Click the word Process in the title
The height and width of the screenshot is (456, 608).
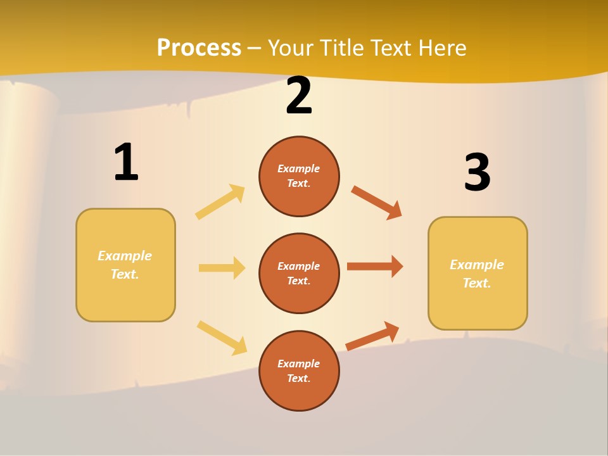[199, 48]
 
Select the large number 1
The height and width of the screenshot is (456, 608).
[126, 162]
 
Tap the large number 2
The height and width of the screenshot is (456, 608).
[299, 96]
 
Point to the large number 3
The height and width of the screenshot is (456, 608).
[477, 172]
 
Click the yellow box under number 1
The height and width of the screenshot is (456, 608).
[125, 265]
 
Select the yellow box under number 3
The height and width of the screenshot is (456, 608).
[478, 273]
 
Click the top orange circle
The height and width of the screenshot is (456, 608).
[299, 176]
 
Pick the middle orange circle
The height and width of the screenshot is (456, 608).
[299, 273]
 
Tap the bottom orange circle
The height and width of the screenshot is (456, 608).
[299, 370]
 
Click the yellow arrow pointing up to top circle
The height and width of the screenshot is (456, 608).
[220, 202]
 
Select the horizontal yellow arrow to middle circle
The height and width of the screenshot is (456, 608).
[222, 268]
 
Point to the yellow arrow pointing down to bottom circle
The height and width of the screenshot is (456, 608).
[222, 338]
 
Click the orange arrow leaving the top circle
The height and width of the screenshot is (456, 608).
[376, 202]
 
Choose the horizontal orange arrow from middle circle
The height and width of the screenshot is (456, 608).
[374, 266]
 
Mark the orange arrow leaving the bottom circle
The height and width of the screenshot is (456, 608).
[372, 336]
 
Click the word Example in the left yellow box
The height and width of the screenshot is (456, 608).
[125, 256]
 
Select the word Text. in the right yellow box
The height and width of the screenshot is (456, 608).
[477, 283]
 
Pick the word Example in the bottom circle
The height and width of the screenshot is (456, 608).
[299, 364]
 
